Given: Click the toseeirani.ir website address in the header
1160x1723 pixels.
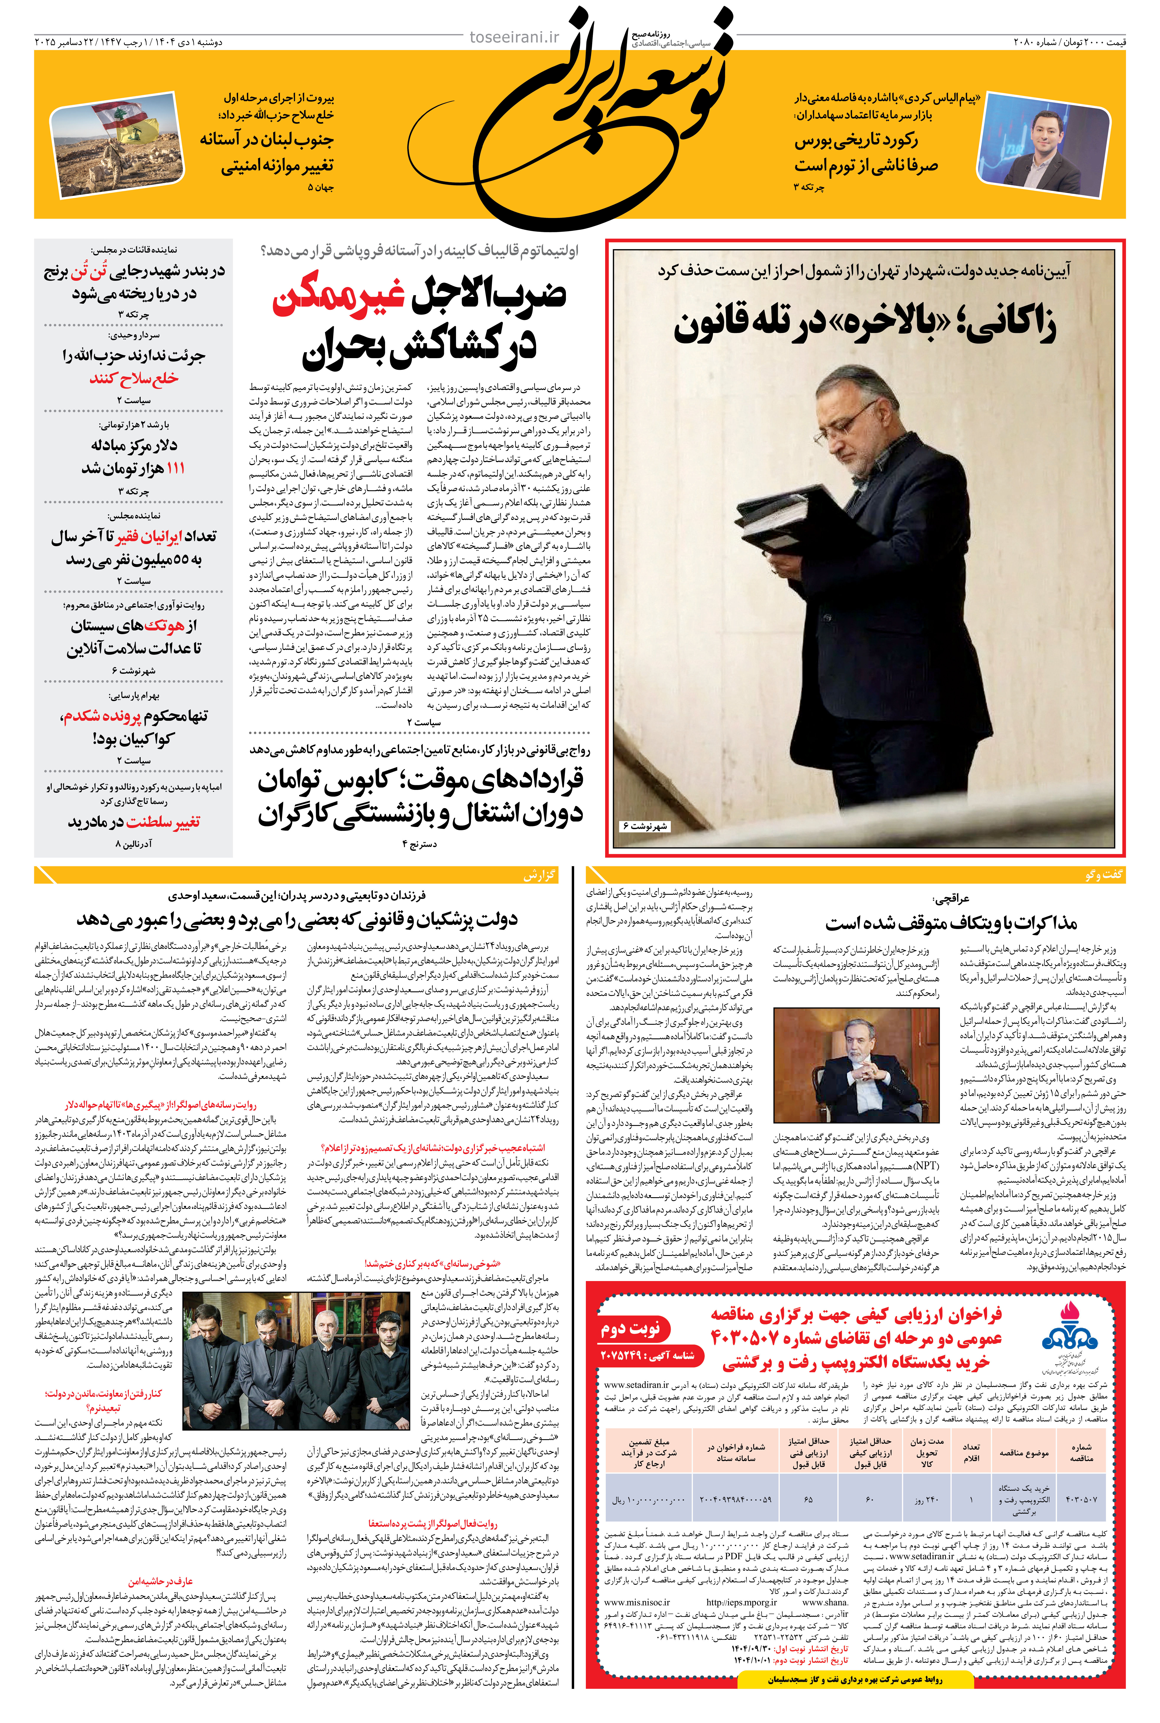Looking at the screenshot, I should tap(515, 37).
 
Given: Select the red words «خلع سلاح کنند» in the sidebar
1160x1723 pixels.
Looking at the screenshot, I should tap(134, 379).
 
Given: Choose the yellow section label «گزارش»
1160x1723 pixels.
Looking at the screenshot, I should tap(539, 875).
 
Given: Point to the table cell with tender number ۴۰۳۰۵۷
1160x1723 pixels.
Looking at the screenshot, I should tap(1081, 1500).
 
